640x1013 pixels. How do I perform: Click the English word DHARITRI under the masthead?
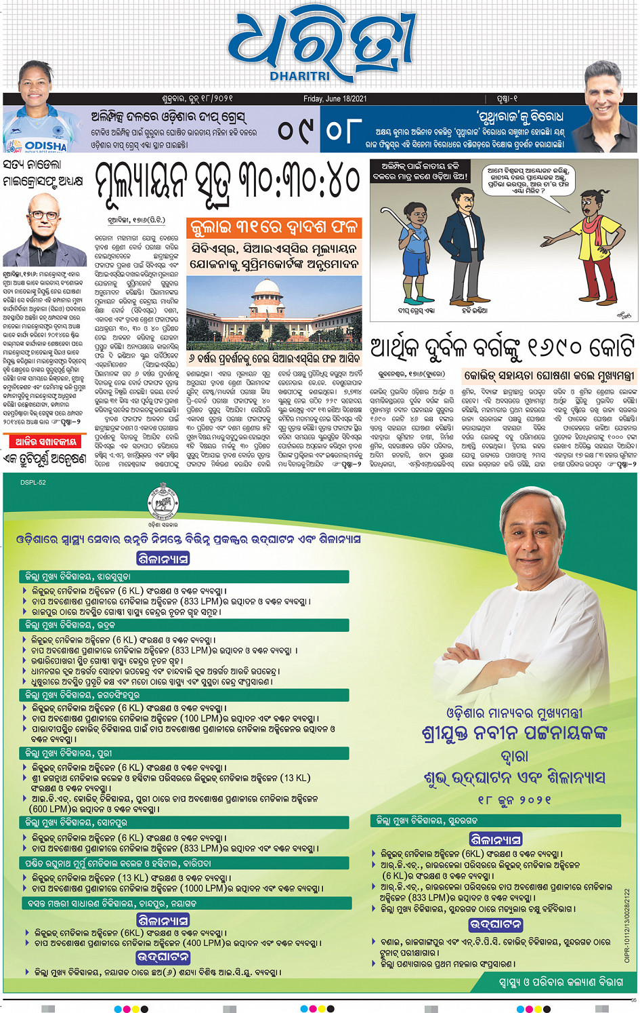300,77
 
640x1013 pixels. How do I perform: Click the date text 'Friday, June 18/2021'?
335,98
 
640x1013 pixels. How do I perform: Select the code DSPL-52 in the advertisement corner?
33,483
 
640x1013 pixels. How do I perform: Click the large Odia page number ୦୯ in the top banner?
295,130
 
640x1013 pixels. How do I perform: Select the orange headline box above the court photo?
274,227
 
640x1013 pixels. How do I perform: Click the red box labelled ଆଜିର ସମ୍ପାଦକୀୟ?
45,441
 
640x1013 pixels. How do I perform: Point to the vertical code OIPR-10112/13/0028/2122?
627,925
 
